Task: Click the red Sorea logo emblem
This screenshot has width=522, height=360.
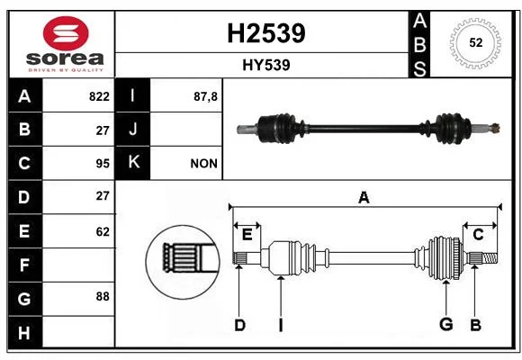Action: pos(66,33)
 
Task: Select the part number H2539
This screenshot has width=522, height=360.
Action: pos(266,33)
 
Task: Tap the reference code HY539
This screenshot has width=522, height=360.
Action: pos(266,65)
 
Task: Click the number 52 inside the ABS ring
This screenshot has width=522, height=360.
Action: pos(475,42)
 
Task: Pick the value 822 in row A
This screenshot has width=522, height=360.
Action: pos(99,96)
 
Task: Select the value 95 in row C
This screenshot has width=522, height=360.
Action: pos(103,164)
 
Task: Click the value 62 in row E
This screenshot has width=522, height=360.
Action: pos(103,231)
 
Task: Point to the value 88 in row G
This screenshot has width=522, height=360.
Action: pos(103,296)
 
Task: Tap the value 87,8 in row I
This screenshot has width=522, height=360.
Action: pos(205,96)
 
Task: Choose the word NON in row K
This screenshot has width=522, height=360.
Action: pos(203,164)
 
